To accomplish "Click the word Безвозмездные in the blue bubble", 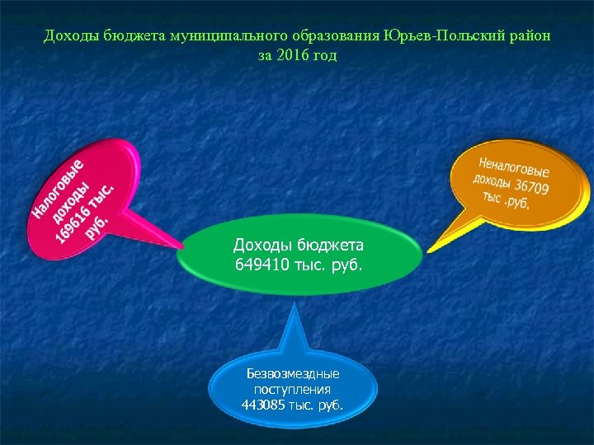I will [293, 373].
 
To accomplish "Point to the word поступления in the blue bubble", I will [293, 389].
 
